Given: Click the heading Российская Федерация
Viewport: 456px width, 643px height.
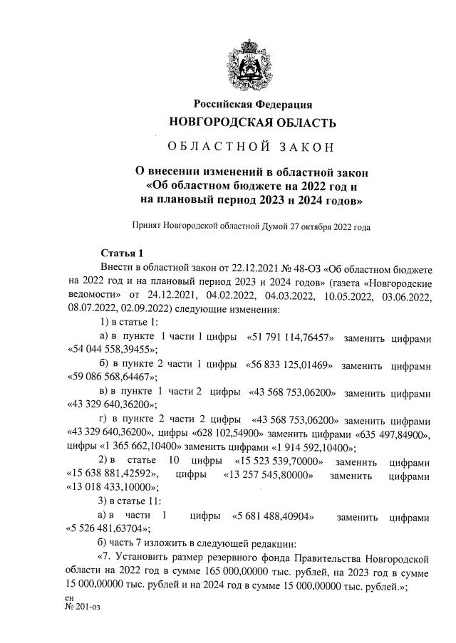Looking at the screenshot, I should click(252, 105).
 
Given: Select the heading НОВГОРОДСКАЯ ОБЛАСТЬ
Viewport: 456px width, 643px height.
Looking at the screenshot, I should click(252, 122).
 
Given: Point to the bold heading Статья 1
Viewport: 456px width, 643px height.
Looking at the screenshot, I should click(122, 253).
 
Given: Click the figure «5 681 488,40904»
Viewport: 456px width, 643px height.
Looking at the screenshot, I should click(276, 516).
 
